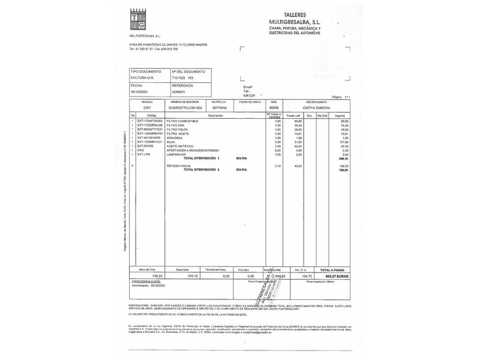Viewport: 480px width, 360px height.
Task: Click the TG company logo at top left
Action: click(x=137, y=20)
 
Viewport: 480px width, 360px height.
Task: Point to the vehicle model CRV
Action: click(x=147, y=107)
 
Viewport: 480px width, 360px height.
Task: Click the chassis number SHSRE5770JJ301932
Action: click(x=187, y=107)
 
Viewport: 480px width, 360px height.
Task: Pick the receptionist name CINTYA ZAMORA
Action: click(x=316, y=107)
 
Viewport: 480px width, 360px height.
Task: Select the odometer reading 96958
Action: click(x=275, y=107)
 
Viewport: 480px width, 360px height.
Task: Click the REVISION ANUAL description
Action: click(x=178, y=166)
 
